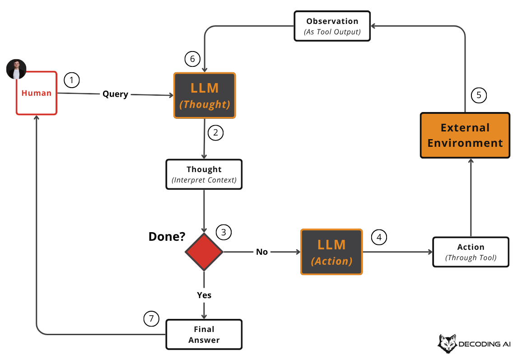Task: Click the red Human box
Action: pyautogui.click(x=37, y=93)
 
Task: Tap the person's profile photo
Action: pyautogui.click(x=16, y=69)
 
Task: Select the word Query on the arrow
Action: pyautogui.click(x=115, y=94)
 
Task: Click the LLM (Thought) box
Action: pyautogui.click(x=205, y=96)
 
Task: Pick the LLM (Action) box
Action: pyautogui.click(x=331, y=252)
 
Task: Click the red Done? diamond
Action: pyautogui.click(x=204, y=252)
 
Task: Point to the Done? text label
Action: pyautogui.click(x=167, y=236)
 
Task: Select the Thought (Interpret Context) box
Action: pyautogui.click(x=204, y=174)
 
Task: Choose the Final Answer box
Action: pyautogui.click(x=204, y=335)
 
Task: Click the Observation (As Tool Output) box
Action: pyautogui.click(x=332, y=26)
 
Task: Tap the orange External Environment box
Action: pyautogui.click(x=465, y=135)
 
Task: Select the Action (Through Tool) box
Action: pyautogui.click(x=471, y=252)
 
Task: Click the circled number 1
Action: pyautogui.click(x=72, y=80)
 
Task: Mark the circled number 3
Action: pyautogui.click(x=224, y=232)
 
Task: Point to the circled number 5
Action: pyautogui.click(x=479, y=95)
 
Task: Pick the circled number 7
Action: pyautogui.click(x=151, y=319)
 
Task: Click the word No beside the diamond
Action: pyautogui.click(x=262, y=252)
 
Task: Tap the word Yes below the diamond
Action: pyautogui.click(x=204, y=295)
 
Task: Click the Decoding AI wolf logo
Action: pyautogui.click(x=447, y=344)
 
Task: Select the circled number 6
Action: pyautogui.click(x=192, y=59)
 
